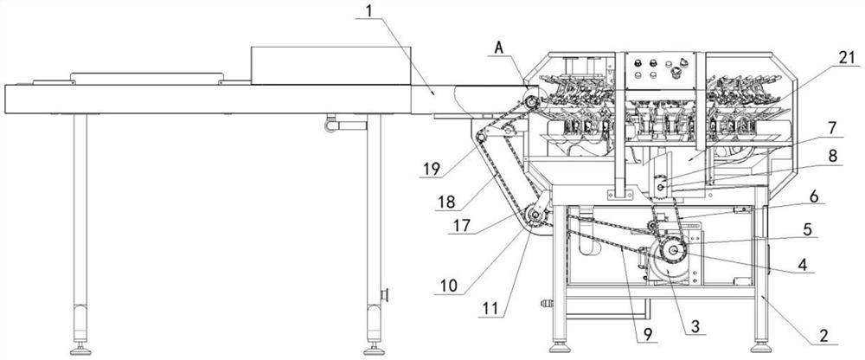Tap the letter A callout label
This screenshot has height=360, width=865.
499,48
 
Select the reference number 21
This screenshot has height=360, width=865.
845,56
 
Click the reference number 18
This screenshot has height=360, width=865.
446,202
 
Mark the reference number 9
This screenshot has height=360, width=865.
646,333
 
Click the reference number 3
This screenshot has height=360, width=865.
695,327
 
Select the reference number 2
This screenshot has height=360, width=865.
823,336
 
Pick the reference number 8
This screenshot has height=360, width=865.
832,157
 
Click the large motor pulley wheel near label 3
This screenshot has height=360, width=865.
673,251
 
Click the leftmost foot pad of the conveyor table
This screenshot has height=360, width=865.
80,350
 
